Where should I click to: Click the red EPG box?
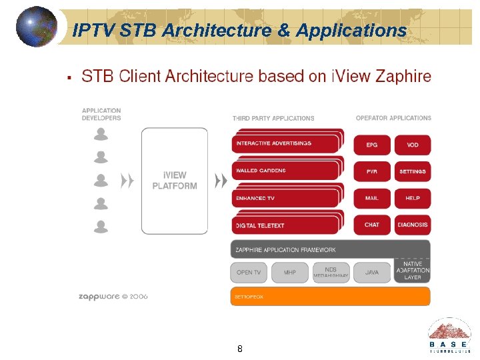372,145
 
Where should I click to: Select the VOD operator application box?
413,145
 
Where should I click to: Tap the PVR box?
372,171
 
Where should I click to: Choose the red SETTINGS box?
413,171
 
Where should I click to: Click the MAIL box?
372,198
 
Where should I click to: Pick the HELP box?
413,198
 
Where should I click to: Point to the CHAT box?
372,225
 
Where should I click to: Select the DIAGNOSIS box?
413,225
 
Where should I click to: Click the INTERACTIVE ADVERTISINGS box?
286,143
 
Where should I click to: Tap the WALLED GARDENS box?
286,171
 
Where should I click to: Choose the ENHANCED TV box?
286,198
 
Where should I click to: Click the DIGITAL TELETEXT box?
286,225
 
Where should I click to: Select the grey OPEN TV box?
249,272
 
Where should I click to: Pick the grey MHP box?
290,272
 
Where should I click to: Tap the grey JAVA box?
372,272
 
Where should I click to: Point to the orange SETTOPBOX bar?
330,296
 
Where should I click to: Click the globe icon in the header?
36,27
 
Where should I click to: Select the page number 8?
240,349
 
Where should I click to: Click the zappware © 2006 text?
113,296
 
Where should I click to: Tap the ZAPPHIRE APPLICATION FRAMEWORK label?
285,250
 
